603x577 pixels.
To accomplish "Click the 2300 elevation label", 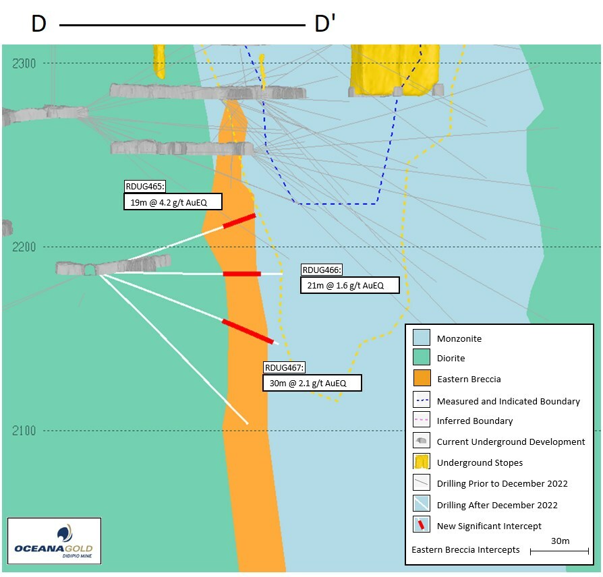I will pyautogui.click(x=26, y=63).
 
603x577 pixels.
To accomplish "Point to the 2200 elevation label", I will pyautogui.click(x=26, y=247).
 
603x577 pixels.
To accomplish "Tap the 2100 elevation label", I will pyautogui.click(x=26, y=431).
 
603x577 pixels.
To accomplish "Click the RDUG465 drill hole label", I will pyautogui.click(x=145, y=187).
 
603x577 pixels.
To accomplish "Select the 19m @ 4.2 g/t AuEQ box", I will pyautogui.click(x=173, y=201).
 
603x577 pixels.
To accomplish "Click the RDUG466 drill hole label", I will pyautogui.click(x=322, y=270).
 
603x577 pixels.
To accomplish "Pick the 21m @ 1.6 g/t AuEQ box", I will pyautogui.click(x=349, y=285).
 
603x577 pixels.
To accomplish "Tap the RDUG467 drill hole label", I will pyautogui.click(x=285, y=368).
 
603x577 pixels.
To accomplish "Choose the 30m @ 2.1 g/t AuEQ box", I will pyautogui.click(x=312, y=383).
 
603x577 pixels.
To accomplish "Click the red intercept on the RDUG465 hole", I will pyautogui.click(x=239, y=220).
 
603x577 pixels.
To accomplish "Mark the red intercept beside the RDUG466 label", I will pyautogui.click(x=241, y=274).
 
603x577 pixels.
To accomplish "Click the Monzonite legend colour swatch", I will pyautogui.click(x=422, y=338).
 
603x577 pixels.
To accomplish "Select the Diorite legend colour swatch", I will pyautogui.click(x=422, y=358).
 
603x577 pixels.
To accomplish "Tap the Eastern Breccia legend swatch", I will pyautogui.click(x=422, y=378).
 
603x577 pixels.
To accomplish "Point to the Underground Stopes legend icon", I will pyautogui.click(x=422, y=462).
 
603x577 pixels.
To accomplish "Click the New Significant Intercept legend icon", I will pyautogui.click(x=422, y=524).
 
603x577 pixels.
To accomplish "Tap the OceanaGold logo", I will pyautogui.click(x=54, y=541).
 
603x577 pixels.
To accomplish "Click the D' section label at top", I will pyautogui.click(x=325, y=24).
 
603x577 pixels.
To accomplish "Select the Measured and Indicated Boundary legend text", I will pyautogui.click(x=508, y=401).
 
